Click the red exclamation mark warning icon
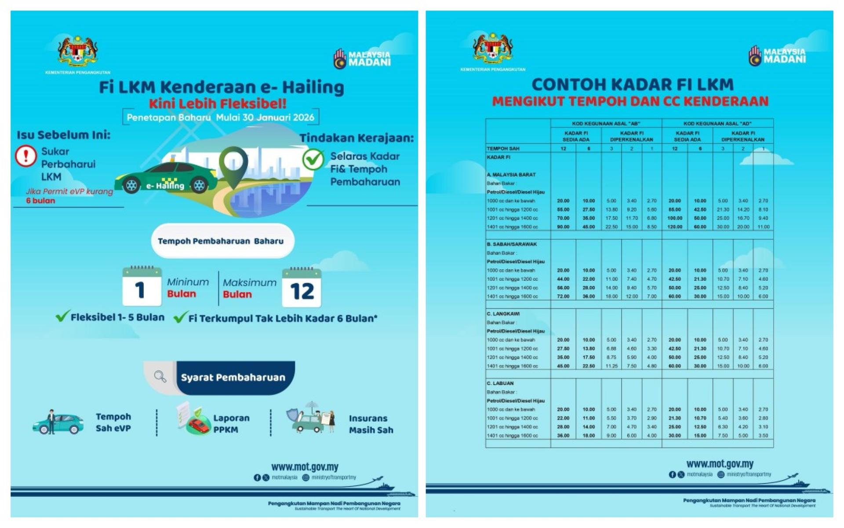coord(26,156)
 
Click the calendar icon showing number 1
coord(142,287)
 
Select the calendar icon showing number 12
coord(302,288)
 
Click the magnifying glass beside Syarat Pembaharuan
coord(160,377)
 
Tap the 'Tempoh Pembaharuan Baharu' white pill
coord(222,241)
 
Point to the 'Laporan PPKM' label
coord(231,424)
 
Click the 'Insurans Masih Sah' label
coord(371,424)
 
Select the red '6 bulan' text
coord(40,201)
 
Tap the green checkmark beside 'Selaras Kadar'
coord(313,159)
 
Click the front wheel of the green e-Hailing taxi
coord(199,185)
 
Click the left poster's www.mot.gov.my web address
coord(305,467)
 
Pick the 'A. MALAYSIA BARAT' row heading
coord(511,175)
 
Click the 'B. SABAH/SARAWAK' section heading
coord(512,244)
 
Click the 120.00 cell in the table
coord(674,227)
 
